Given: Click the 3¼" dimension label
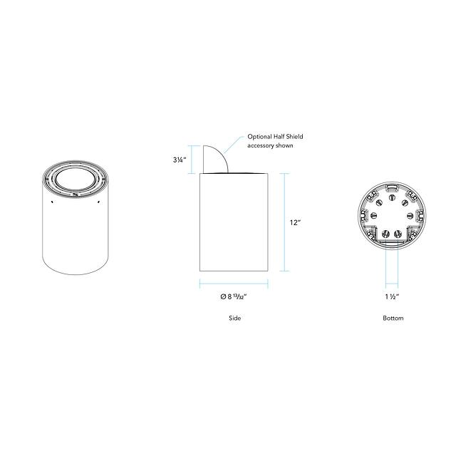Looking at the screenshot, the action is click(x=180, y=160).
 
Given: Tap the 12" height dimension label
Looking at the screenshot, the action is click(x=295, y=222).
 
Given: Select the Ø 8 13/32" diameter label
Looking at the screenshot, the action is click(x=234, y=296).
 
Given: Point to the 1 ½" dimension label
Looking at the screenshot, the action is click(x=392, y=296).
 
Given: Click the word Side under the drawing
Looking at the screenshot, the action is click(x=234, y=318).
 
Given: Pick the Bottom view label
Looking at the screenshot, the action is click(x=393, y=318).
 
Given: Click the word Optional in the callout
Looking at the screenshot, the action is click(x=259, y=137).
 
